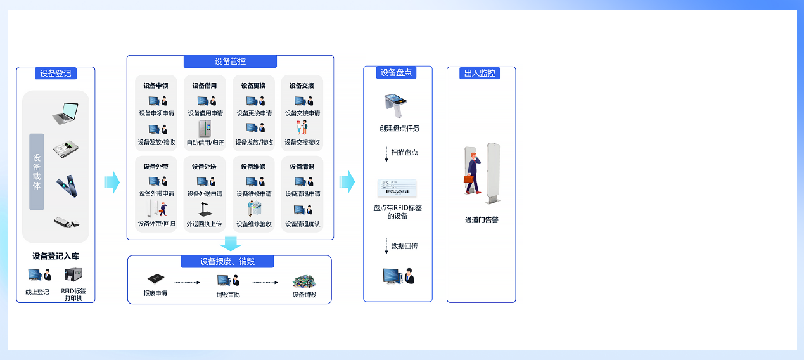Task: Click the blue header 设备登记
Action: click(56, 74)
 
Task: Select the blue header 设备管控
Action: click(230, 61)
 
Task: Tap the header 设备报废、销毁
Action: click(227, 261)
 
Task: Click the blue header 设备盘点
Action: click(396, 72)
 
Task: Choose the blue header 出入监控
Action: click(480, 74)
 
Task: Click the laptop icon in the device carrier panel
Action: click(66, 113)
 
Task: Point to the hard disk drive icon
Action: click(66, 149)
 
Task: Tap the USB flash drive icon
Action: click(67, 222)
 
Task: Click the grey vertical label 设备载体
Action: click(37, 172)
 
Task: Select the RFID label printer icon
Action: click(73, 275)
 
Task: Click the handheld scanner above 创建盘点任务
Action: click(395, 105)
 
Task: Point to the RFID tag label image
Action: click(397, 188)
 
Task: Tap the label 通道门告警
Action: click(482, 220)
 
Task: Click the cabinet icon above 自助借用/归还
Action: click(205, 129)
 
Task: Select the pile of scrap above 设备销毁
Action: click(304, 281)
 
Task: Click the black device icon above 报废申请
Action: click(156, 278)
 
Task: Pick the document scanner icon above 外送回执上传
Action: click(205, 210)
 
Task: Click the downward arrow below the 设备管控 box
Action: click(231, 243)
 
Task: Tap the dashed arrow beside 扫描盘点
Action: click(386, 153)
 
